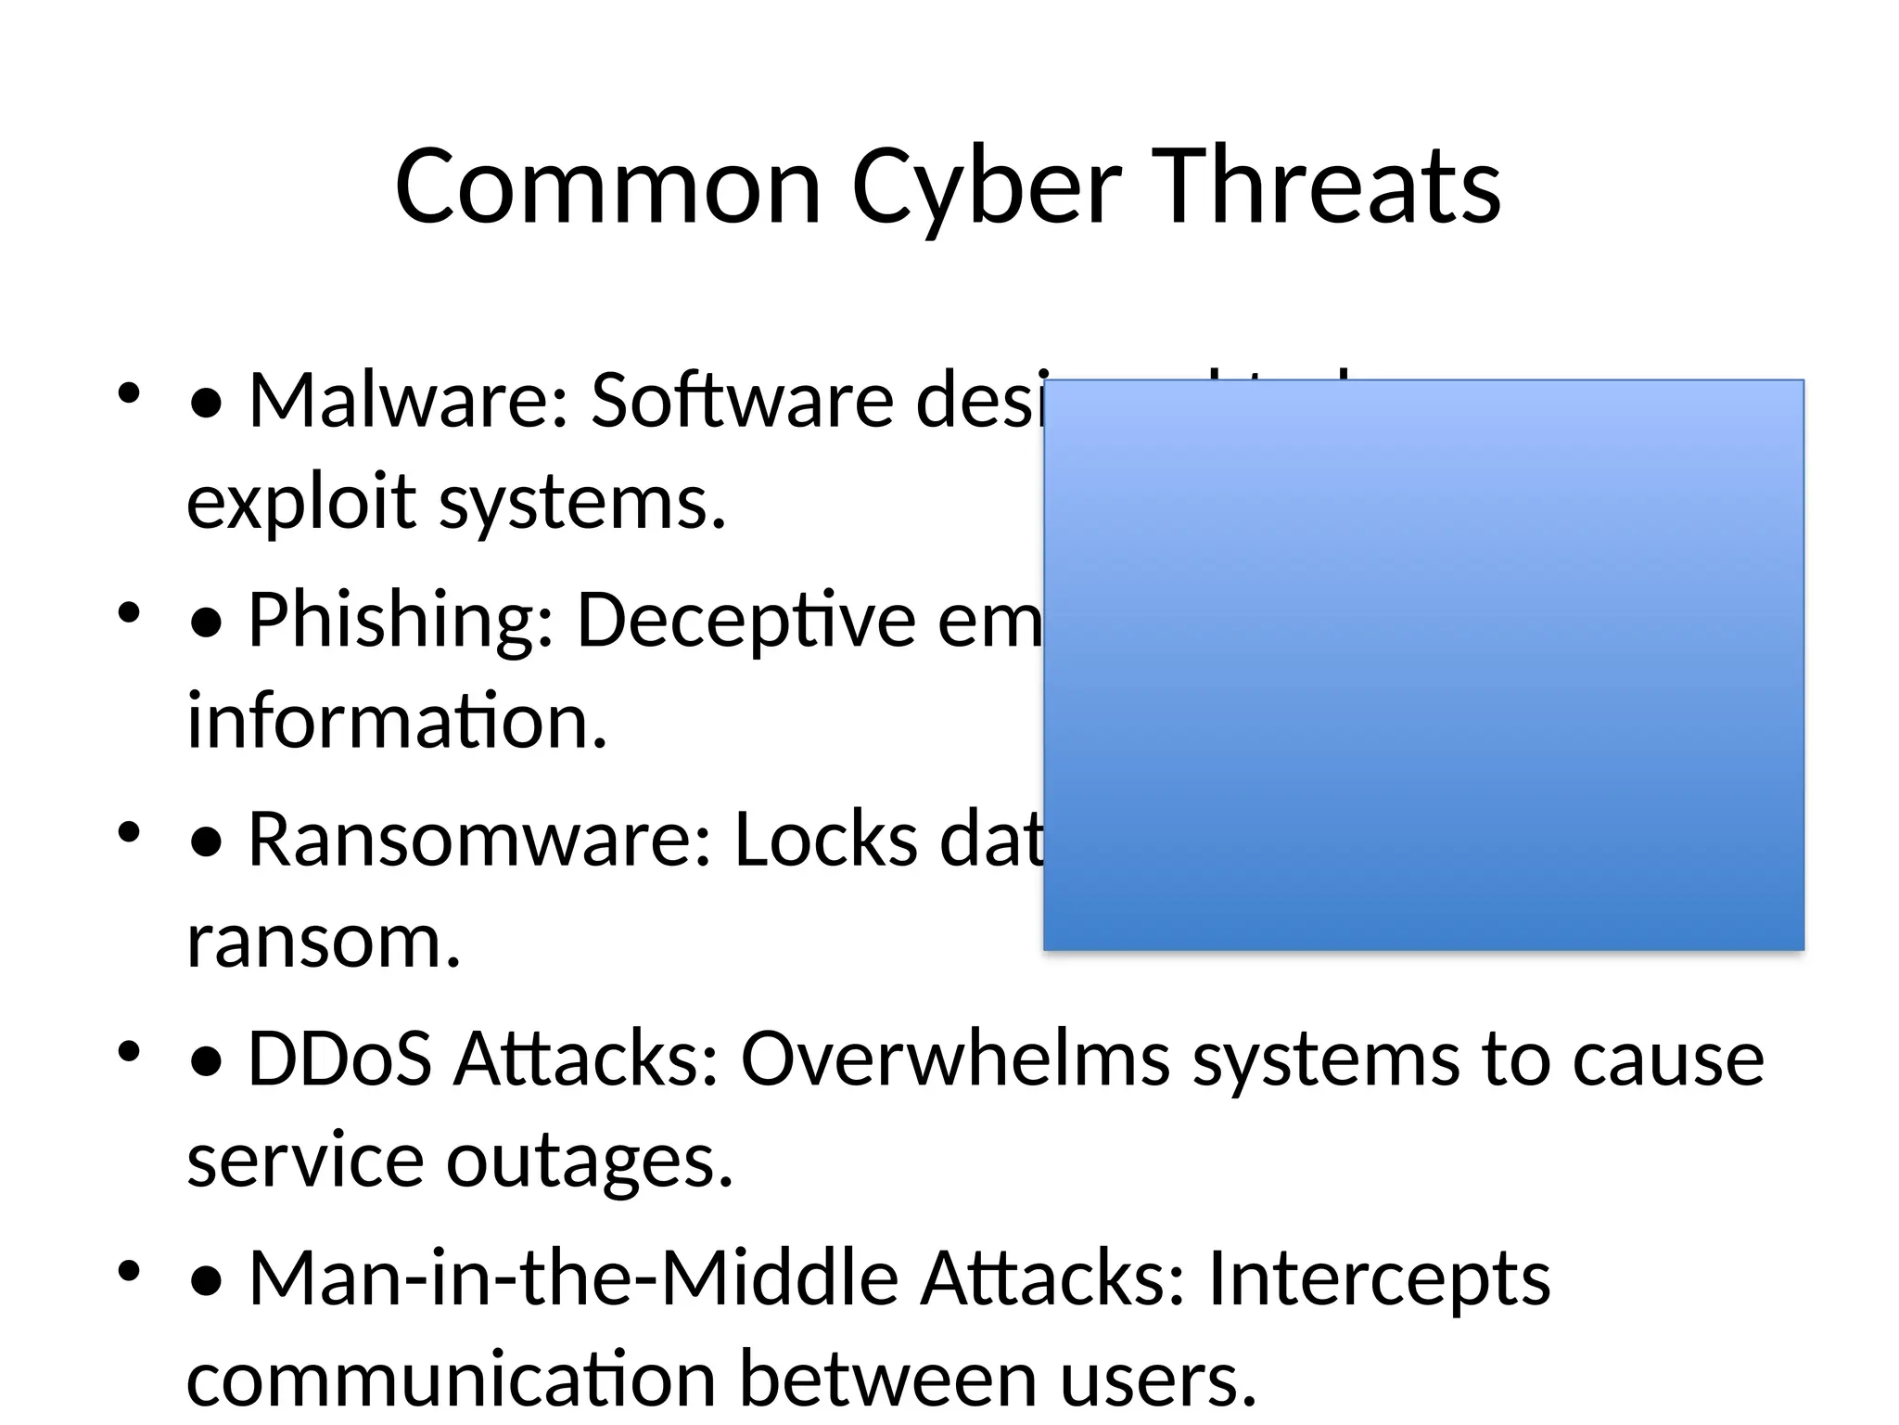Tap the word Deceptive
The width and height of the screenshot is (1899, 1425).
(x=746, y=620)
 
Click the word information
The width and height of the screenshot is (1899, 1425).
(x=397, y=722)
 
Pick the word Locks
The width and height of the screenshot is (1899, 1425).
(x=825, y=840)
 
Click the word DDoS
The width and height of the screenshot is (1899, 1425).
(x=339, y=1059)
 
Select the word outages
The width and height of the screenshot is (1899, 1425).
(x=590, y=1161)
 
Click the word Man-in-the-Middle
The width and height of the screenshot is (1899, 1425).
(x=573, y=1277)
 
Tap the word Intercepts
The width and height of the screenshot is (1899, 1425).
(x=1379, y=1277)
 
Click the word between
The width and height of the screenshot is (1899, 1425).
(x=886, y=1380)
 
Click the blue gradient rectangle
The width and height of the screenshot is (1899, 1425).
(x=1423, y=664)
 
